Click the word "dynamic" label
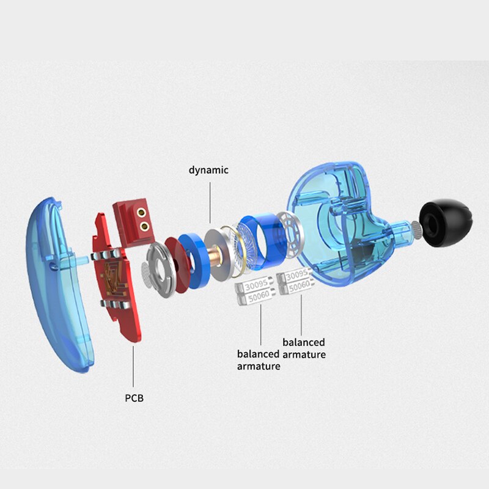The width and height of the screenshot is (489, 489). [x=208, y=170]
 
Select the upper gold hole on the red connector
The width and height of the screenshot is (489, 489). [x=144, y=214]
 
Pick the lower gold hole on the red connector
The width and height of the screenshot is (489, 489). [x=144, y=227]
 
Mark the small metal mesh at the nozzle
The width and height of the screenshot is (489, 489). [x=414, y=230]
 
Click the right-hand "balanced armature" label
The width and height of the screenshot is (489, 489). [x=304, y=348]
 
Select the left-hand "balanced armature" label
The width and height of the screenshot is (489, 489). [x=259, y=359]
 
